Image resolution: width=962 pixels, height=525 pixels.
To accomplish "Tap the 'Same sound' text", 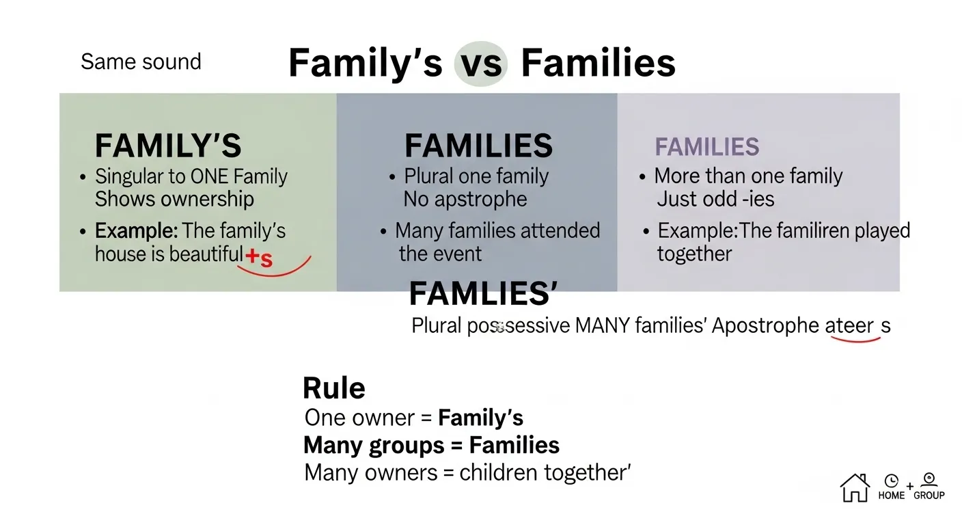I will click(x=141, y=62).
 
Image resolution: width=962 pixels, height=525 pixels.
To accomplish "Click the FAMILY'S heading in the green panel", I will click(x=167, y=146).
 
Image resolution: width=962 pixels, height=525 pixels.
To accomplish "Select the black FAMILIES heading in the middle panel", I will click(x=478, y=146).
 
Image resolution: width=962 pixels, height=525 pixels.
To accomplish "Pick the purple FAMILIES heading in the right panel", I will click(x=707, y=147).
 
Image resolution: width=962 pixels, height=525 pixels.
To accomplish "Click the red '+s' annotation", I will click(x=259, y=258).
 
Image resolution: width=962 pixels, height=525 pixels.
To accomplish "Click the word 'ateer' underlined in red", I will click(x=849, y=326).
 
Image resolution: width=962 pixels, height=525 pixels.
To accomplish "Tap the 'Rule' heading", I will click(x=333, y=388).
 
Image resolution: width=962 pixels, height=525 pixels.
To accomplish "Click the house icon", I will click(x=854, y=487).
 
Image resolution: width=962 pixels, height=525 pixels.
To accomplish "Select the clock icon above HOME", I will click(x=891, y=481).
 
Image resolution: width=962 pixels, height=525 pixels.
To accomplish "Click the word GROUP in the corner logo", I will click(x=929, y=495).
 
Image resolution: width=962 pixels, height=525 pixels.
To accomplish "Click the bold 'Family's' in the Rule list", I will click(x=481, y=418).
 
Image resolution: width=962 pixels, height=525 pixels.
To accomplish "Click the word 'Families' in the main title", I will click(x=598, y=64).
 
